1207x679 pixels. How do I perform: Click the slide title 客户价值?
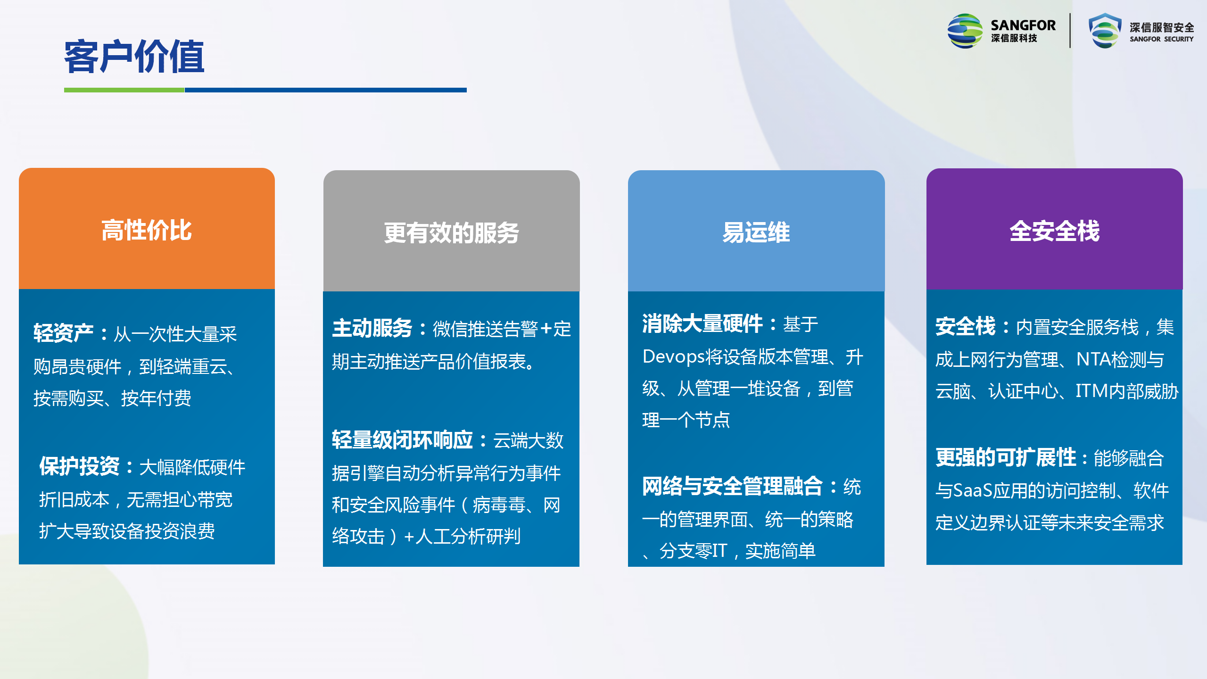click(x=134, y=57)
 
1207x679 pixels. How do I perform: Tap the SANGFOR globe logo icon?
click(x=965, y=31)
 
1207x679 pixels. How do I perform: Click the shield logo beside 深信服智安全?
click(x=1105, y=31)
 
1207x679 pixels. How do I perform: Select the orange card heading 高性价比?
click(x=147, y=230)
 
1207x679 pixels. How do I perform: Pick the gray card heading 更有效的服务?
click(x=451, y=233)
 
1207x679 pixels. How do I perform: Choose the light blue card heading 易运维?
click(x=756, y=232)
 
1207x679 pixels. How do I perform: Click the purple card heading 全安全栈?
click(x=1055, y=231)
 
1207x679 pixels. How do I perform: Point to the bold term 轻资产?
click(x=64, y=333)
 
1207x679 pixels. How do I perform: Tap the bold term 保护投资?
click(x=80, y=466)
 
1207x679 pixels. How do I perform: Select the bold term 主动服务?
click(x=372, y=328)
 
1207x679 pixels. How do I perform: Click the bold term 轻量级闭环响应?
click(x=403, y=440)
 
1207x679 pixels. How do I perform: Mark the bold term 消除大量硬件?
click(x=703, y=323)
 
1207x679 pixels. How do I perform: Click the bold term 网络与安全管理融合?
click(x=733, y=486)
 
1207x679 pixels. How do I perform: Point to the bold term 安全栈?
click(x=966, y=326)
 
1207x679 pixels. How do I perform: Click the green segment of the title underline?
click(x=124, y=90)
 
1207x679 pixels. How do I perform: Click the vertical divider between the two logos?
click(x=1070, y=31)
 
